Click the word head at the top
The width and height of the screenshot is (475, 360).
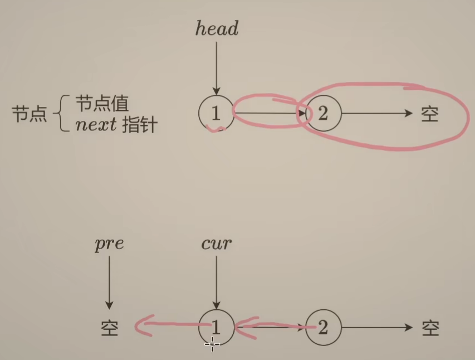(217, 29)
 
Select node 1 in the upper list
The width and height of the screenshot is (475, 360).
(216, 114)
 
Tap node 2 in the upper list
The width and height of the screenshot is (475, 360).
(323, 114)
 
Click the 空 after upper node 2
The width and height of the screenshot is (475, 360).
(430, 114)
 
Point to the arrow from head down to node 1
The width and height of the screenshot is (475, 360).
(216, 67)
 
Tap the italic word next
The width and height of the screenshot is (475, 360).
(96, 125)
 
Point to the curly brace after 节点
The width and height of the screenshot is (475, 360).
(60, 114)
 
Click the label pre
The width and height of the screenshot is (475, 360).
(109, 244)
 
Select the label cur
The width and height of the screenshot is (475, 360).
(216, 244)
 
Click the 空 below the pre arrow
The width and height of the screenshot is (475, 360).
(110, 328)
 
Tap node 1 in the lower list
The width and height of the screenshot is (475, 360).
(216, 328)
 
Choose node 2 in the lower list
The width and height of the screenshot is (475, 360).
(323, 328)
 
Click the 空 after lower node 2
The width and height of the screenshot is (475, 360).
(430, 328)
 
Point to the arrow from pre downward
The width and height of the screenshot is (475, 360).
(109, 281)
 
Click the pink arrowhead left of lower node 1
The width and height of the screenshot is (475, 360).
(144, 325)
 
